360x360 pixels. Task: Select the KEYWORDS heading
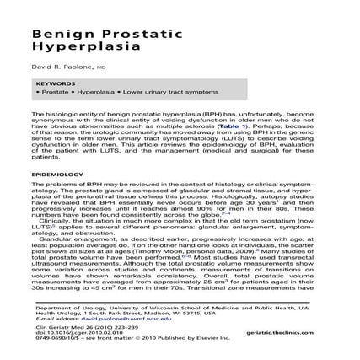tap(51, 84)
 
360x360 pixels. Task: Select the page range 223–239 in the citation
tap(116, 327)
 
